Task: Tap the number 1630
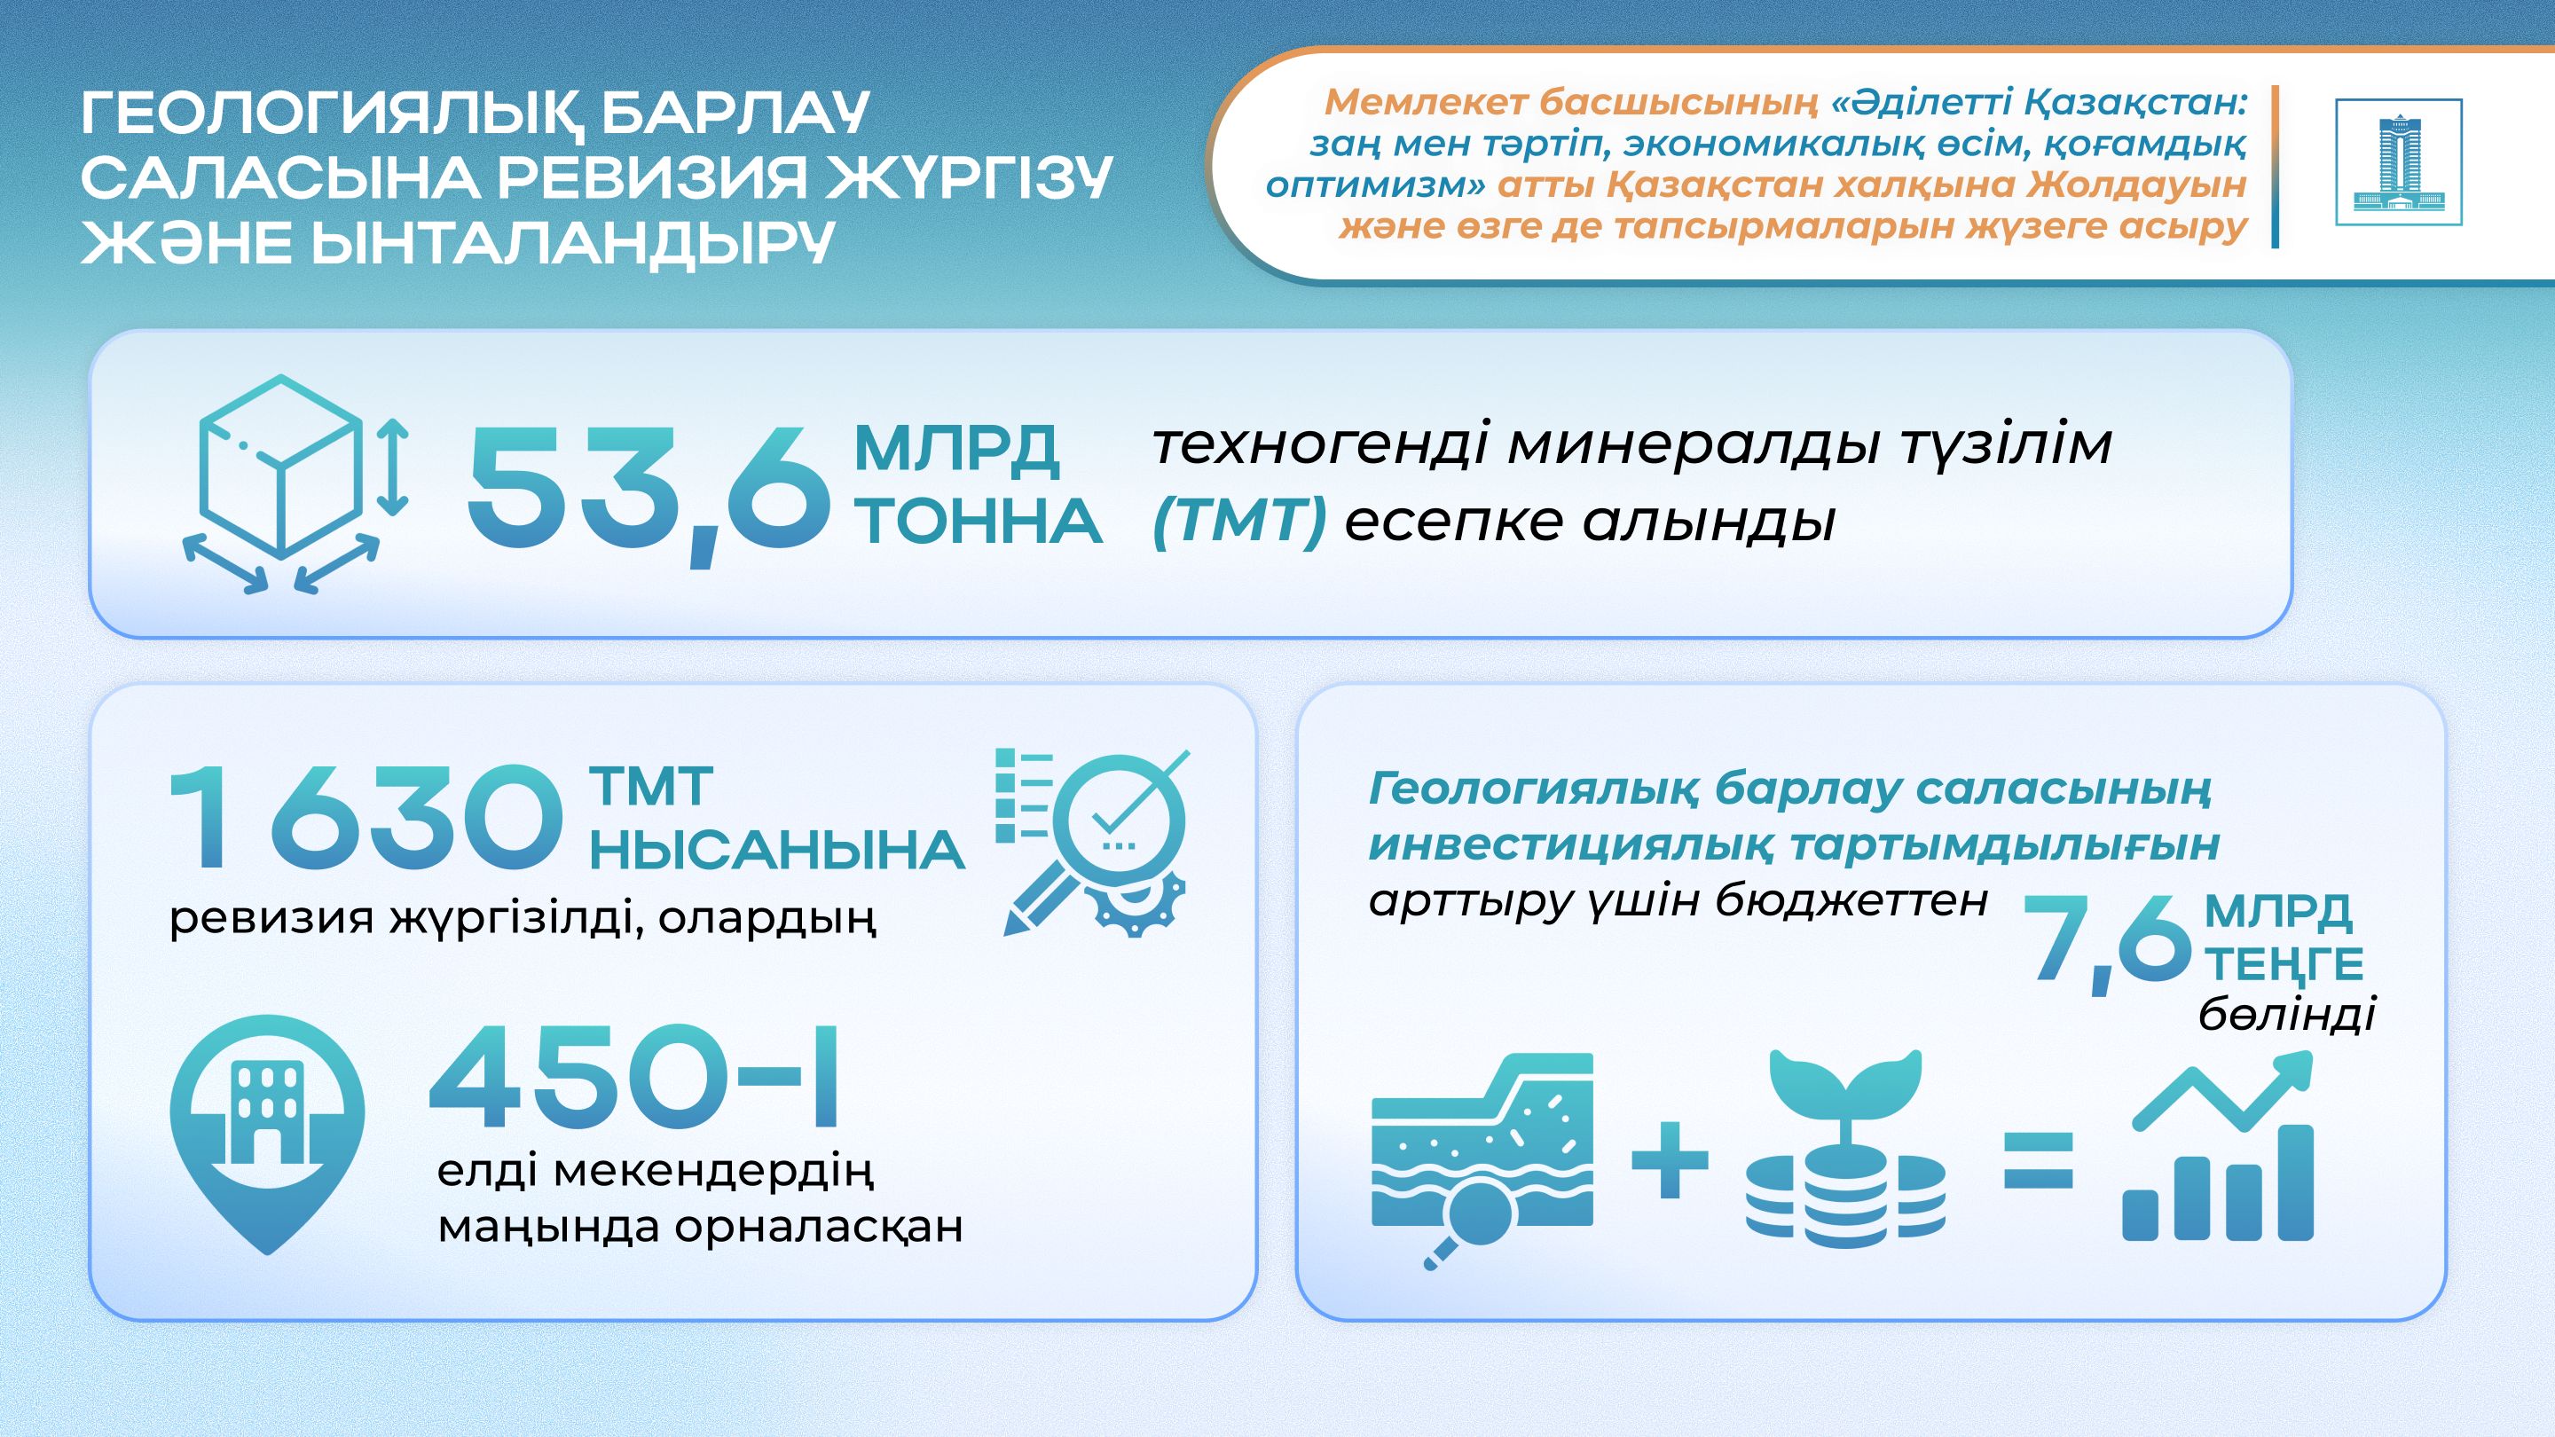[x=365, y=818]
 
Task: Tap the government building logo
[x=2398, y=161]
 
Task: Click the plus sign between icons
[x=1670, y=1159]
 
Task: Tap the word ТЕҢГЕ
[x=2284, y=963]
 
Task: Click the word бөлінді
[x=2287, y=1015]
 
